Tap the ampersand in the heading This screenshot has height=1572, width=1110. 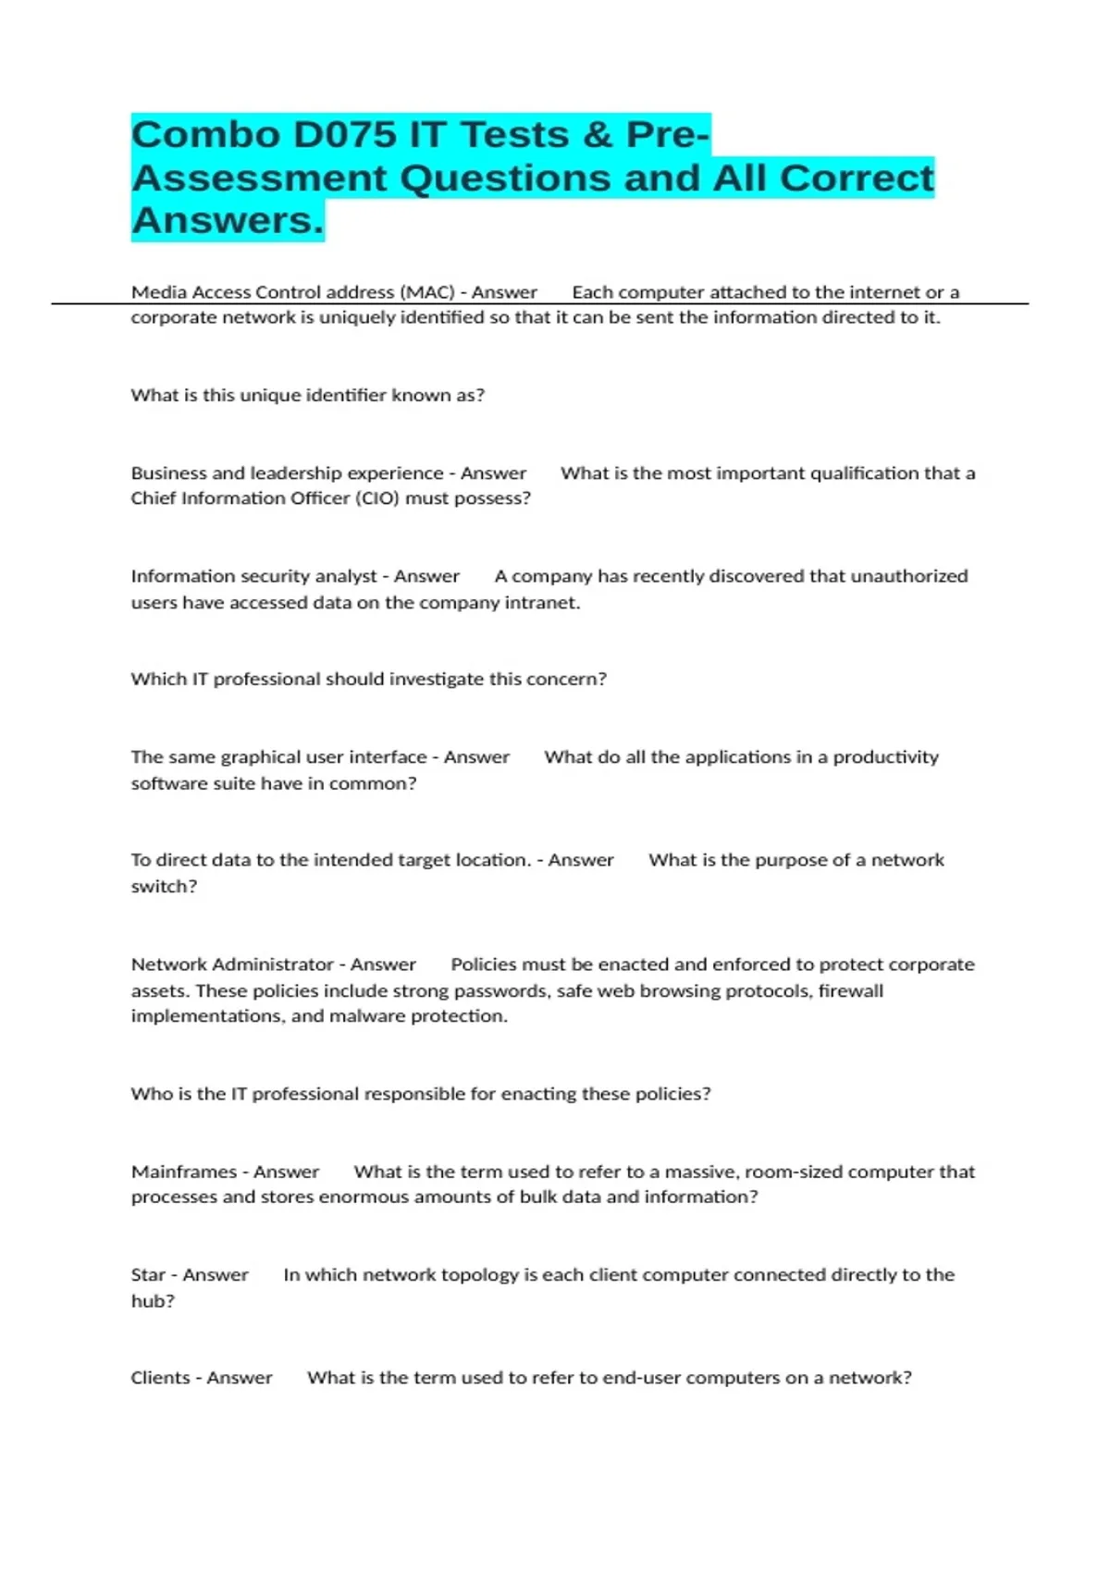(598, 135)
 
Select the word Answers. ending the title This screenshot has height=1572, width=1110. (228, 221)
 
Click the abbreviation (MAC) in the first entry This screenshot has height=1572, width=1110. (427, 292)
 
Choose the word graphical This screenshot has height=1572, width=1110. (260, 757)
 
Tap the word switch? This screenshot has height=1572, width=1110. (164, 886)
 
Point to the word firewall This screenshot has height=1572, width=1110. (851, 990)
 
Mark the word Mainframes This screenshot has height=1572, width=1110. (184, 1172)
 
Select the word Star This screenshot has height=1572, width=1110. (148, 1275)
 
